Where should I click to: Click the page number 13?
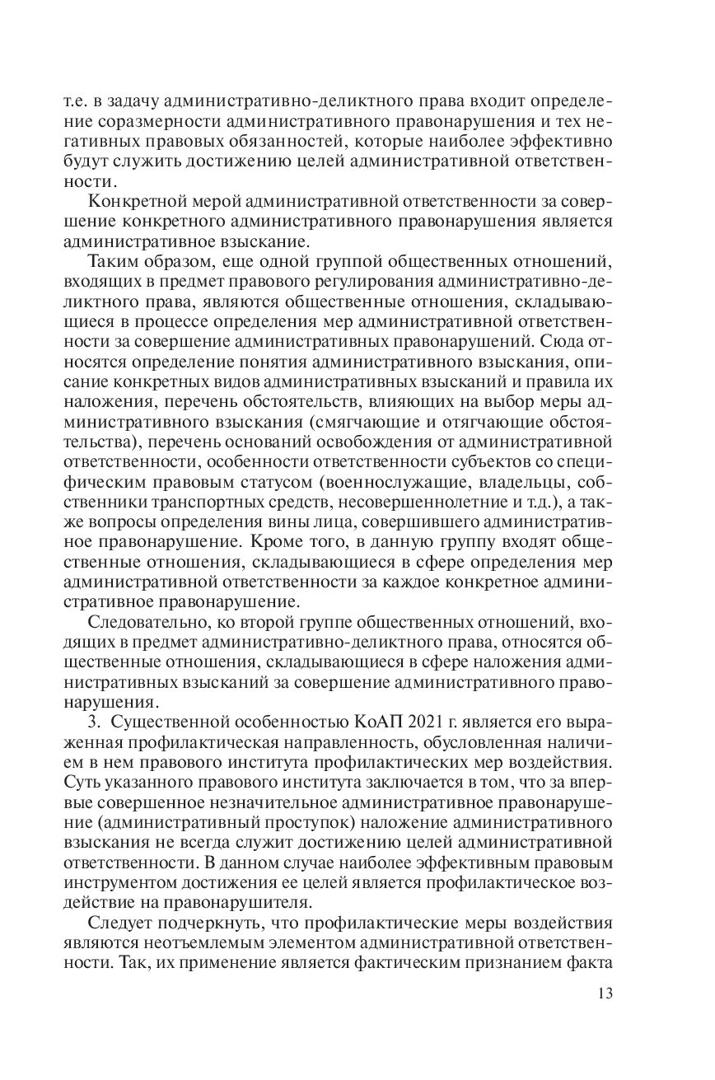click(x=605, y=994)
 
